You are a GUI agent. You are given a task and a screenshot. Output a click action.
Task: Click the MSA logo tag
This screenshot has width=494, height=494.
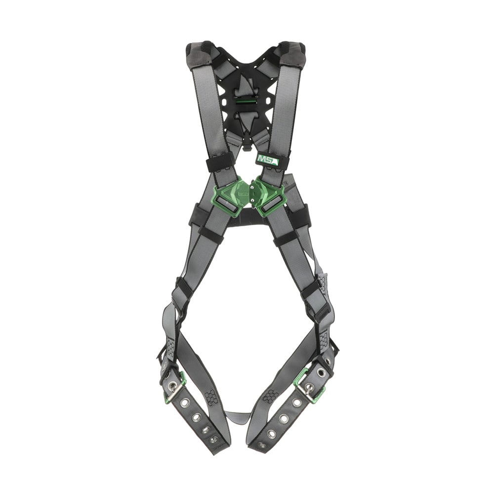[x=267, y=159]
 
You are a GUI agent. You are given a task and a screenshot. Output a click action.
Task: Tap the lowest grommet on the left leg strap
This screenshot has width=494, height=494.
[x=213, y=439]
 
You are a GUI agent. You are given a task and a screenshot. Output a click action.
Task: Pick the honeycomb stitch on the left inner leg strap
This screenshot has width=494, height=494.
[x=211, y=397]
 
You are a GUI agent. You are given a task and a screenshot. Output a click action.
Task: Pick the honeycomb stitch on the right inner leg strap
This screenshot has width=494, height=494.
[x=270, y=396]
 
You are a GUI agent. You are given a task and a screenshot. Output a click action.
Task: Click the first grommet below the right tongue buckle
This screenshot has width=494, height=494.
[x=296, y=403]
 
